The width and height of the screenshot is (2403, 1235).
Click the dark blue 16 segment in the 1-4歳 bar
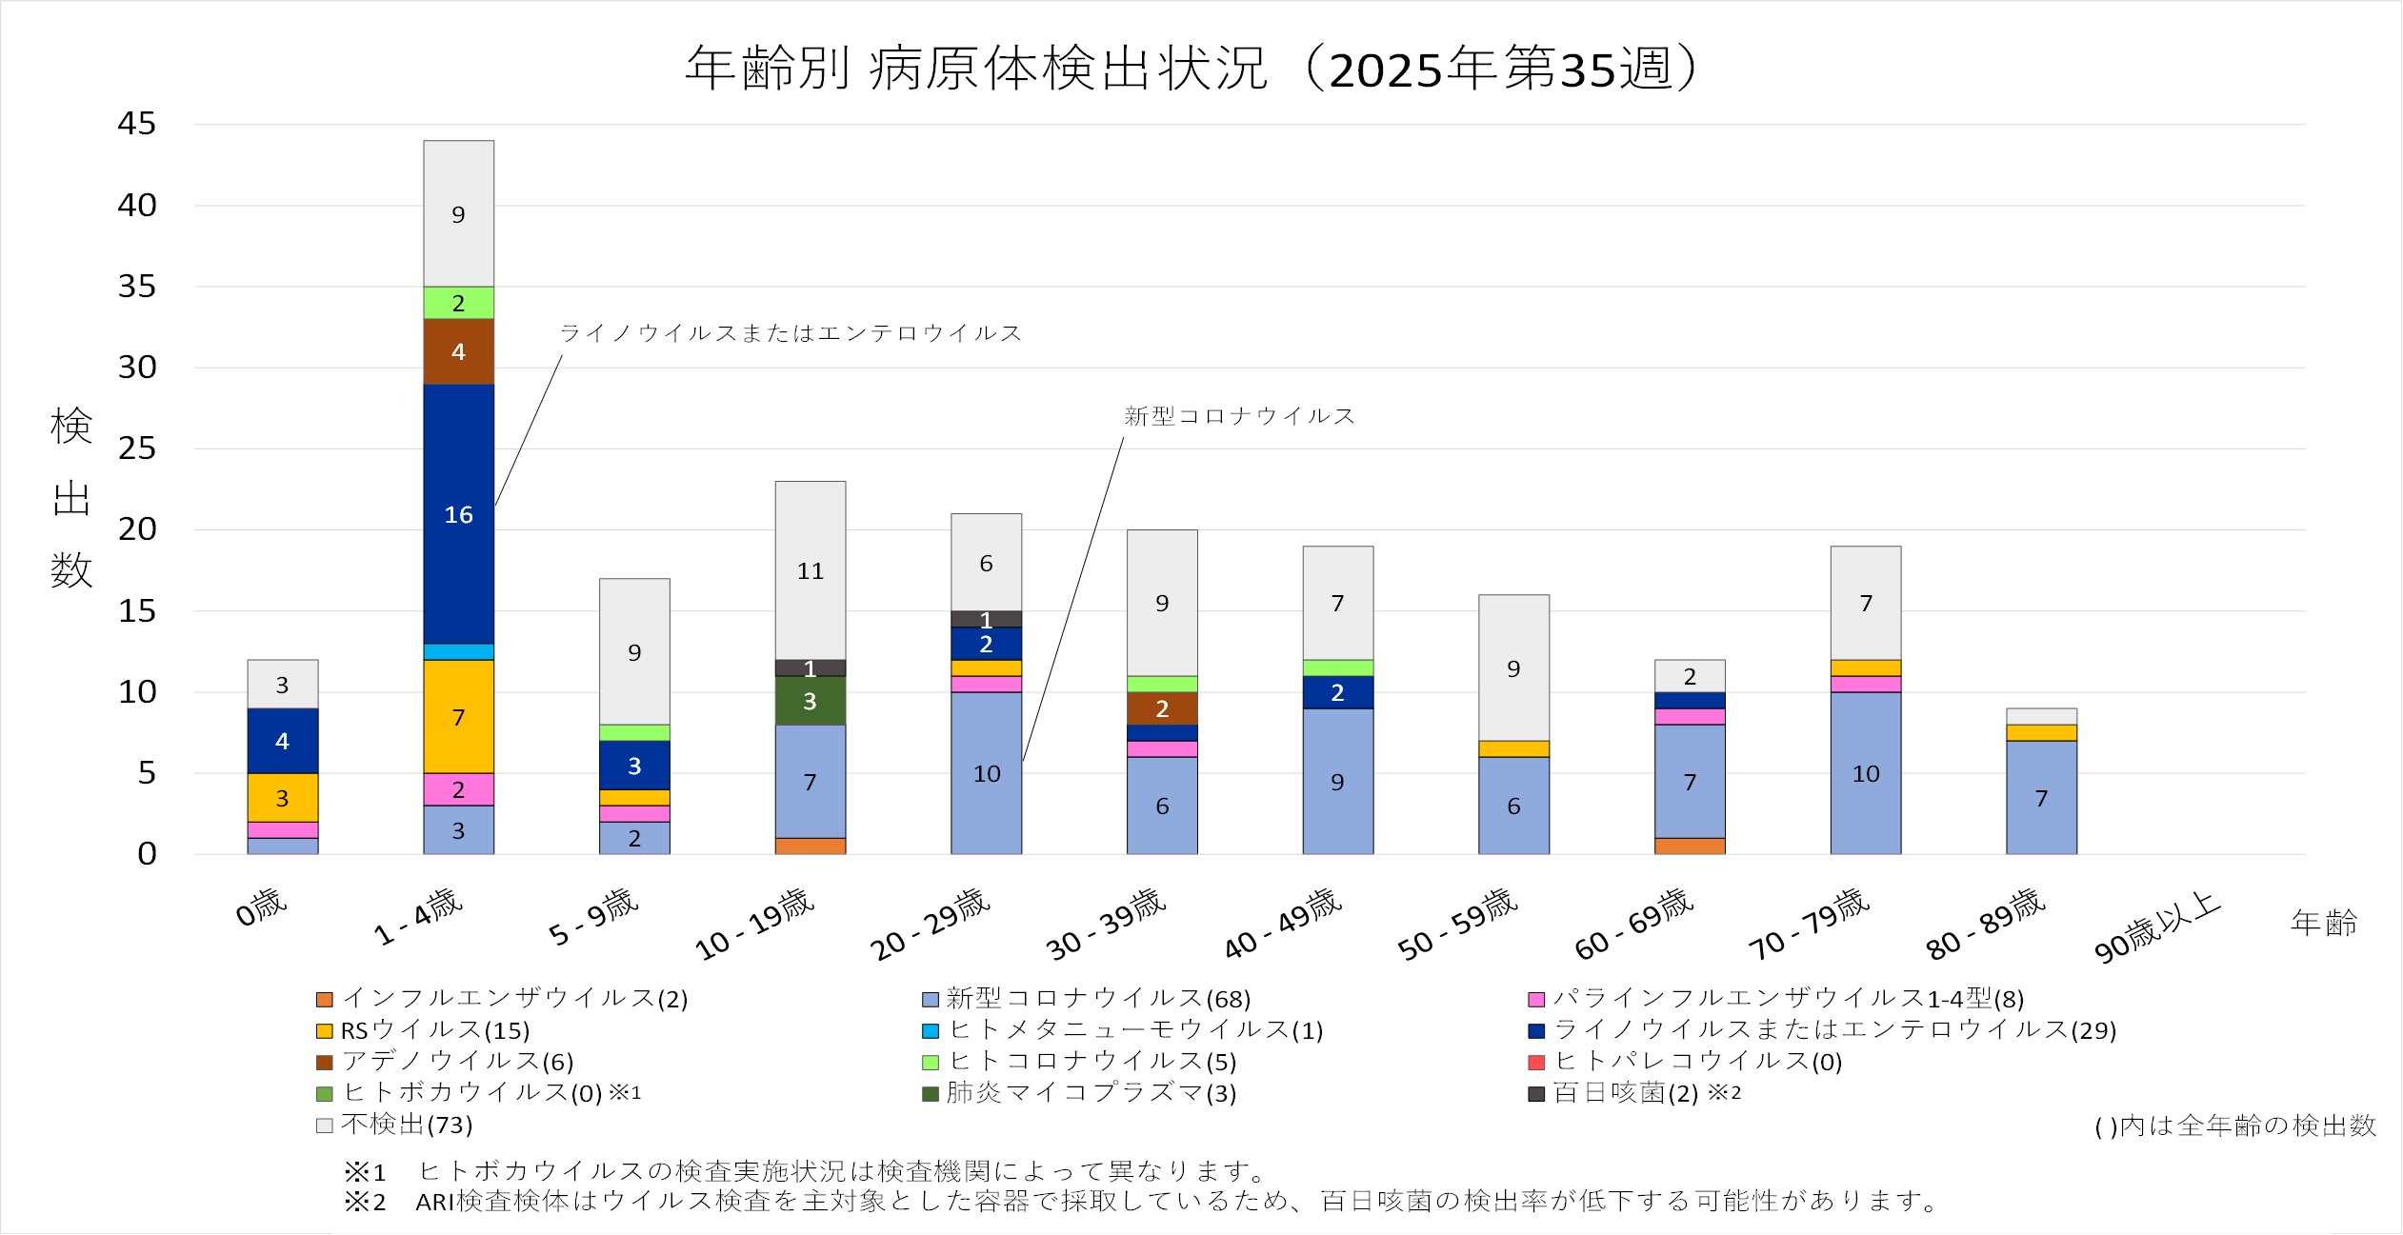click(x=458, y=514)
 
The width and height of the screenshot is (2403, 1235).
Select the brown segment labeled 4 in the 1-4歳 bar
click(x=458, y=351)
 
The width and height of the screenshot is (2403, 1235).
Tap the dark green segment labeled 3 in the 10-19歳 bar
click(x=810, y=701)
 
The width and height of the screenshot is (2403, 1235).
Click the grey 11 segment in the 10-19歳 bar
click(x=810, y=570)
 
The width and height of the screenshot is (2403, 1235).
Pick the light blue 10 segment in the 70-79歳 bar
click(x=1865, y=773)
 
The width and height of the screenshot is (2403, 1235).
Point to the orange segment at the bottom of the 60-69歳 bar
click(x=1690, y=846)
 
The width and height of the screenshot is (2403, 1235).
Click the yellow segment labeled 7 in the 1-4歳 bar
click(x=458, y=716)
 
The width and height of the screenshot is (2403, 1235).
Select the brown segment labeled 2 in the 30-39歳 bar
click(x=1162, y=708)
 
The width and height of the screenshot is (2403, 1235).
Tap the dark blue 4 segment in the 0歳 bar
click(x=282, y=741)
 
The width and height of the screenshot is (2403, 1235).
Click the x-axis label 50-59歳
click(x=1457, y=923)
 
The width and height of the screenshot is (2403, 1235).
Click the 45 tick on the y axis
click(x=137, y=124)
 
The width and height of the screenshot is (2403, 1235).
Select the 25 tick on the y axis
click(x=137, y=448)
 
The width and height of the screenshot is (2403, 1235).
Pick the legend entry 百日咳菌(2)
click(x=1625, y=1093)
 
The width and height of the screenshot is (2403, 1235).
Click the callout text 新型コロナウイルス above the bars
click(x=1239, y=416)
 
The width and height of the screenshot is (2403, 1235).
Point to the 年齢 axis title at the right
click(x=2324, y=923)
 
